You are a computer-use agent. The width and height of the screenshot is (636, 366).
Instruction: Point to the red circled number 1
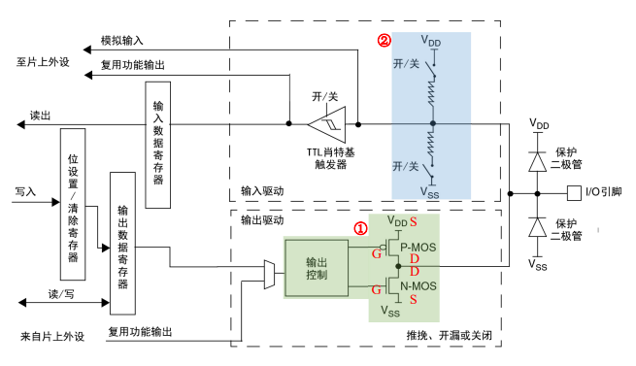(359, 229)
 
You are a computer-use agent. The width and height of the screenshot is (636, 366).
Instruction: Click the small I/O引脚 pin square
(573, 190)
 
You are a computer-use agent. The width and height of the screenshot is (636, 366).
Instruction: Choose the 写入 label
(26, 192)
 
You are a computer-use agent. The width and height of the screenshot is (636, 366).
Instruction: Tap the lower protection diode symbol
(534, 226)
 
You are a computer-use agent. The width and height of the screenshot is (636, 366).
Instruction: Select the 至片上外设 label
(43, 60)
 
